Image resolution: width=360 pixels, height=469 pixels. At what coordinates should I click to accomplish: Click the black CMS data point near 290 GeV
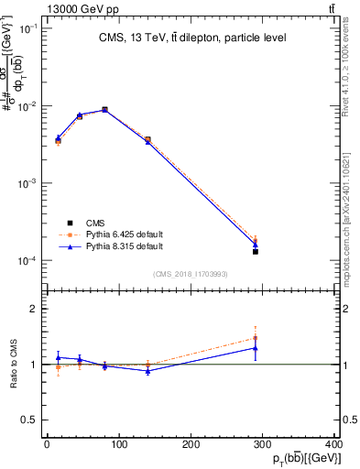256,251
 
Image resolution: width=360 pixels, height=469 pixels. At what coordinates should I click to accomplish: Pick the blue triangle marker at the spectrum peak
105,109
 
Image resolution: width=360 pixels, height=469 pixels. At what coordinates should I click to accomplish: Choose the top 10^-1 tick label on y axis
27,28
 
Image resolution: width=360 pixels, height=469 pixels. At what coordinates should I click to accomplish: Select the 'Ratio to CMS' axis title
13,365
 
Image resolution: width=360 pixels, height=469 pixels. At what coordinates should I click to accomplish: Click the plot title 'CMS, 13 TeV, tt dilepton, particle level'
191,38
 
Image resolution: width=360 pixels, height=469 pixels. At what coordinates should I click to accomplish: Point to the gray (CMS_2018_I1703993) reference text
191,274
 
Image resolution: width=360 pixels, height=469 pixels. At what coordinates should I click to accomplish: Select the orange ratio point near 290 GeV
256,338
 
